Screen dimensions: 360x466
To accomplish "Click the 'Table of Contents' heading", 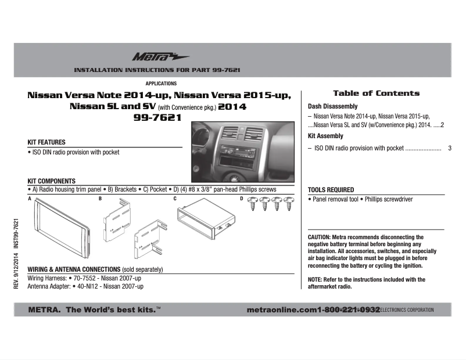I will point(376,93).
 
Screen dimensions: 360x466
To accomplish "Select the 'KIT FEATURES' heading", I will point(46,142).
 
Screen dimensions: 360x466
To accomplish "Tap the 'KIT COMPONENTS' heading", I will point(52,181).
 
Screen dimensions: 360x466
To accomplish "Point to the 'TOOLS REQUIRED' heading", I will point(331,190).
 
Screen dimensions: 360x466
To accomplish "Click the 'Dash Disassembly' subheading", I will point(332,107).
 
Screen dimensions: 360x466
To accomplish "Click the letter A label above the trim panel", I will point(30,199).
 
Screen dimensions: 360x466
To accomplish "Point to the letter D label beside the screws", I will point(242,199).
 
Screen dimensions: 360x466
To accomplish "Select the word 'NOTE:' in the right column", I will point(315,280).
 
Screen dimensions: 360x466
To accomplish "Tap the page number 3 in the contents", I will point(450,149).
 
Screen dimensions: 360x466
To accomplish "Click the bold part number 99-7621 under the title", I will point(158,118).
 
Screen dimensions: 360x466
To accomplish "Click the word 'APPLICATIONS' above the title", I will point(161,84).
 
